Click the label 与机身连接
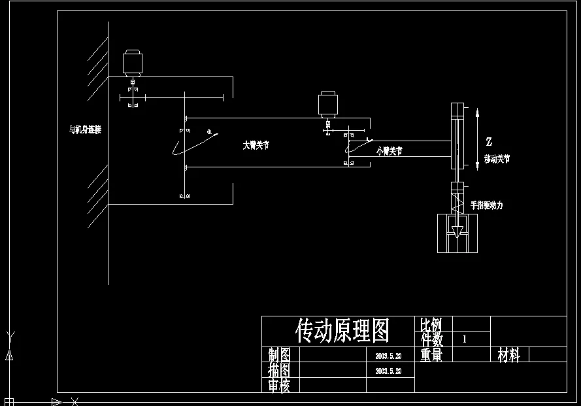point(86,129)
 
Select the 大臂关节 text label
point(256,145)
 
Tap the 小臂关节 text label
point(390,150)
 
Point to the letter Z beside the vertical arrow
point(489,141)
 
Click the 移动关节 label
point(497,159)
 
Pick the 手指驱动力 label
point(487,205)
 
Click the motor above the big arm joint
point(133,63)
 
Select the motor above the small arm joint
point(327,105)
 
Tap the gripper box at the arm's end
point(457,233)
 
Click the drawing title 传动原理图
point(342,331)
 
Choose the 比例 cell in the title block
point(431,324)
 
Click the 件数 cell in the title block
point(432,339)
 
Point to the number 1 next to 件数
point(465,339)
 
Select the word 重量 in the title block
point(431,355)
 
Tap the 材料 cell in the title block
point(508,355)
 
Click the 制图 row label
point(280,355)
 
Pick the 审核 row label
point(280,386)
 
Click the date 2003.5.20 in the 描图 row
point(388,371)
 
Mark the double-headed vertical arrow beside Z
point(478,140)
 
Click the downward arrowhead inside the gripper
point(457,231)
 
